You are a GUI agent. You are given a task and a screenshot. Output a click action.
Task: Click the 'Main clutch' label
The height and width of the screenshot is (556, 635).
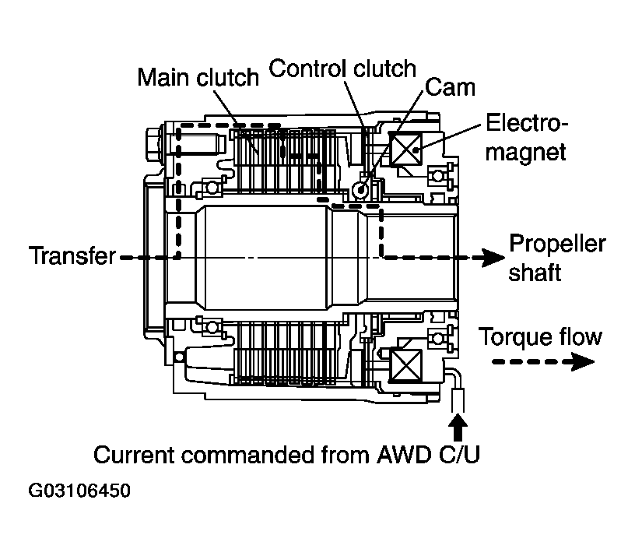point(198,77)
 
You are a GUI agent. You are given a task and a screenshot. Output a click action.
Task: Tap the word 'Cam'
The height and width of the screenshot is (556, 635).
point(450,86)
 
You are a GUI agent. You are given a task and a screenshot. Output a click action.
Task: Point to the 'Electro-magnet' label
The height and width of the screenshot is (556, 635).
point(527,137)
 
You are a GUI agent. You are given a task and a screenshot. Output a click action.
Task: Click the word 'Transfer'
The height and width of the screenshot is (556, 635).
point(72,255)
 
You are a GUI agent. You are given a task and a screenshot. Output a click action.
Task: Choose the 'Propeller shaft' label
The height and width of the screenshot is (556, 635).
point(556,258)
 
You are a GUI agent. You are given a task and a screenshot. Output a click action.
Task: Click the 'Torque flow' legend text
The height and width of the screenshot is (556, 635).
point(539,336)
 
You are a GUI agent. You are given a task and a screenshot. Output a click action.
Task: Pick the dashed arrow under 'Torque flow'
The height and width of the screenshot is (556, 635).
point(537,361)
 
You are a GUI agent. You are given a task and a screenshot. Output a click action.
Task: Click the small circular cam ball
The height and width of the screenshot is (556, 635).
point(360,189)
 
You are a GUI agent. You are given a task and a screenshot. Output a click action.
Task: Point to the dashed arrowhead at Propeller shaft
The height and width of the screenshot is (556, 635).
point(489,257)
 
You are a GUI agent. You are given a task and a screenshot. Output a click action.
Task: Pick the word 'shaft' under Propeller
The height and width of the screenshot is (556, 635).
point(535,273)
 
